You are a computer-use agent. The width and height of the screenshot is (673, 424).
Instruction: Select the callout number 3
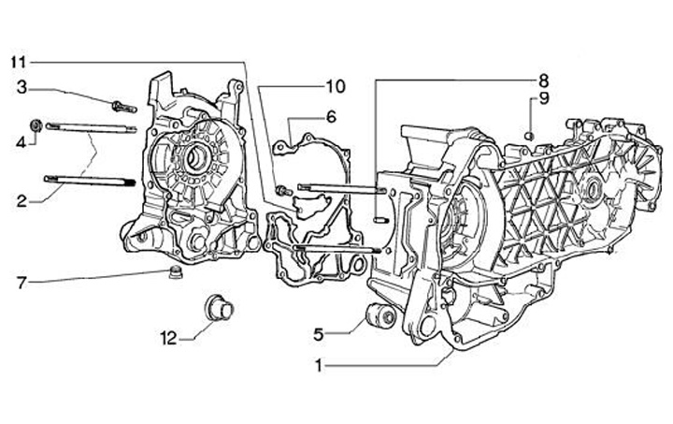(x=21, y=89)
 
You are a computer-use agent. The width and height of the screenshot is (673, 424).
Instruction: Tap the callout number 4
(x=21, y=141)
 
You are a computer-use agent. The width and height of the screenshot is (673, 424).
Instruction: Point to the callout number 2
(x=21, y=198)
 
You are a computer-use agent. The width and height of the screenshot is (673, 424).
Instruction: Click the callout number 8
(x=543, y=79)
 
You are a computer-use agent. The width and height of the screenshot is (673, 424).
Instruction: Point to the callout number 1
(x=320, y=367)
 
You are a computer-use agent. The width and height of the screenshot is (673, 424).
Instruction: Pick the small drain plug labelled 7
(x=171, y=272)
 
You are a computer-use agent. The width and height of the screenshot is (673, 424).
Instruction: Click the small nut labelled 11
(x=280, y=193)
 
